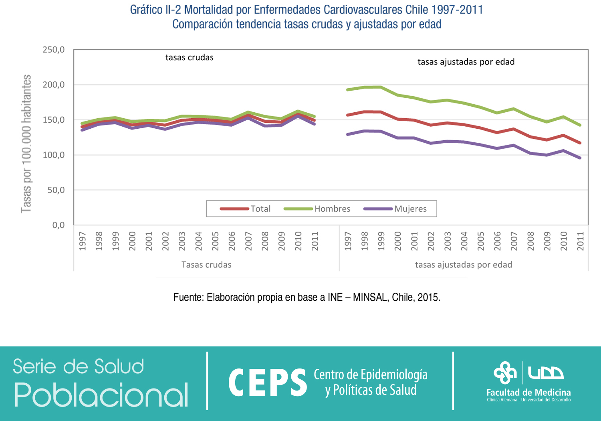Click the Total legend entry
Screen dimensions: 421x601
[260, 208]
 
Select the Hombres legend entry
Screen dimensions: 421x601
[332, 208]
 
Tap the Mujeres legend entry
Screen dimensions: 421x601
[410, 208]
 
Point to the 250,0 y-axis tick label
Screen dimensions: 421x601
[54, 50]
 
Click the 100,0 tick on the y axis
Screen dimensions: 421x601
[54, 155]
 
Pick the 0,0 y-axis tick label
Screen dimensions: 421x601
[58, 225]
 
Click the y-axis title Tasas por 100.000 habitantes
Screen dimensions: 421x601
[26, 144]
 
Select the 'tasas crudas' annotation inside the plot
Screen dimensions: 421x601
[190, 57]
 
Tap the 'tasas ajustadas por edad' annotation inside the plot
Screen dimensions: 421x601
[466, 62]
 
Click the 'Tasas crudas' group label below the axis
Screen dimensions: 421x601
[206, 265]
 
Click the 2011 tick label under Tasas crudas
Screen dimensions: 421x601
[315, 241]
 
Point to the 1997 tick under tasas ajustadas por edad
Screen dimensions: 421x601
[348, 241]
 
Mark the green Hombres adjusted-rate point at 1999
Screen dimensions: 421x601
[381, 87]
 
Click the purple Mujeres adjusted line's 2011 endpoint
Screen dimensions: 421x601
[580, 158]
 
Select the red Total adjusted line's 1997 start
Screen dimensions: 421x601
[347, 115]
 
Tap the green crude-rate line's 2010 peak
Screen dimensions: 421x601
[298, 111]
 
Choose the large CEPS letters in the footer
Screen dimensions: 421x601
[268, 383]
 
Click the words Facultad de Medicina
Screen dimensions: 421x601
[528, 393]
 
